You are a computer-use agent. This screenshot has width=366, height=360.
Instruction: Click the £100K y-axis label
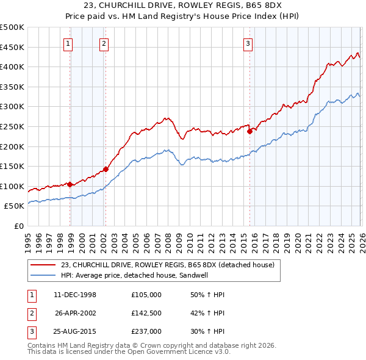click(12, 186)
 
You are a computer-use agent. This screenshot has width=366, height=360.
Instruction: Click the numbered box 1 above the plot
click(67, 43)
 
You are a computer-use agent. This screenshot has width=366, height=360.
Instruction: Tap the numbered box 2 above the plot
click(104, 43)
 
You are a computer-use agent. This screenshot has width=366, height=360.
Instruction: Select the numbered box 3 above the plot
click(248, 43)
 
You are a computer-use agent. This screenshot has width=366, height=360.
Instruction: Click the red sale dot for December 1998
click(70, 184)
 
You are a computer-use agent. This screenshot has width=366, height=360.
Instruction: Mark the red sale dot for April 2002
click(106, 169)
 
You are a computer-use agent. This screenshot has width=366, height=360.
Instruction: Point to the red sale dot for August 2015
click(249, 131)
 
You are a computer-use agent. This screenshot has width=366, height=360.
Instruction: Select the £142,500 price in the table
click(146, 313)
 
